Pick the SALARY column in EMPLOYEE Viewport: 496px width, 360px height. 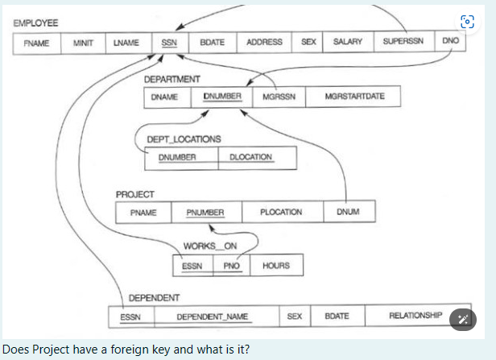pyautogui.click(x=347, y=42)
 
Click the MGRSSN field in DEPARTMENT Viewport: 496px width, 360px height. pyautogui.click(x=279, y=97)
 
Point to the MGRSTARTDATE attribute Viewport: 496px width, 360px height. pyautogui.click(x=354, y=97)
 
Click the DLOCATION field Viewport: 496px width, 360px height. pyautogui.click(x=251, y=157)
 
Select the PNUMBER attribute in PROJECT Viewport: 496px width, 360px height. pyautogui.click(x=205, y=213)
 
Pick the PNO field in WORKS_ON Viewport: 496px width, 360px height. pyautogui.click(x=232, y=265)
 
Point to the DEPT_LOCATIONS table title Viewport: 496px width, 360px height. pyautogui.click(x=184, y=139)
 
